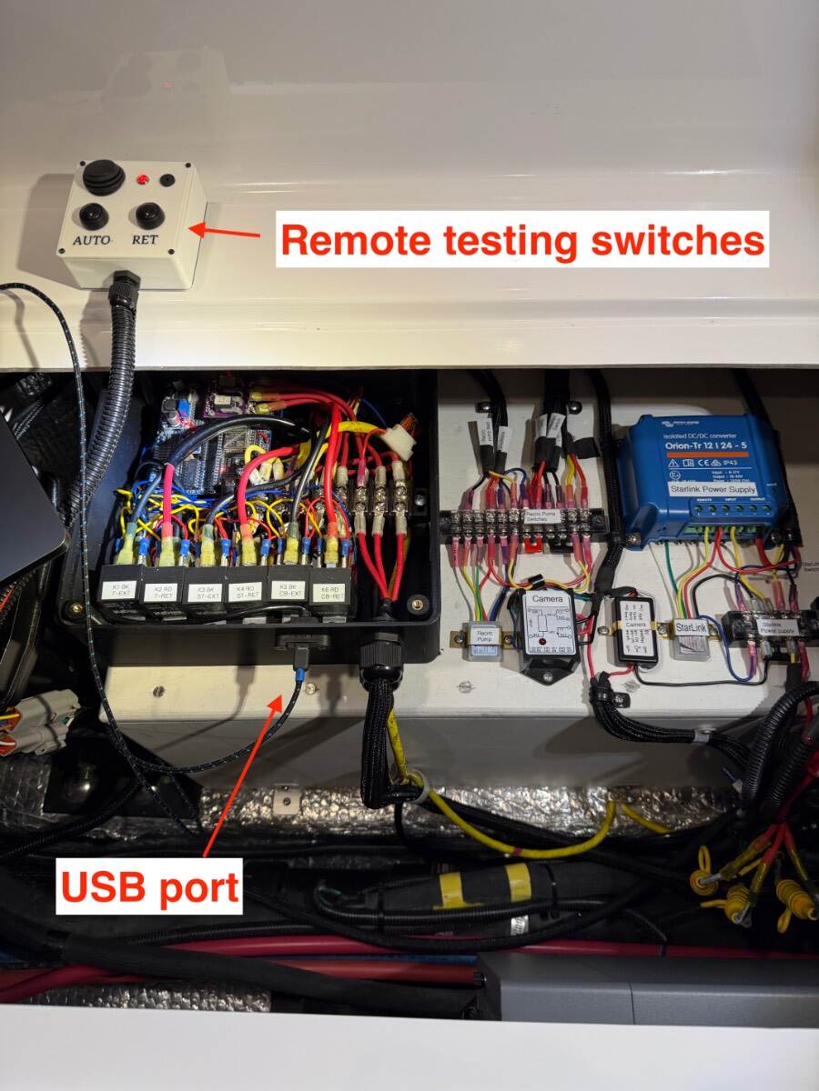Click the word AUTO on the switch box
[91, 240]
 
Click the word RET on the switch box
[145, 240]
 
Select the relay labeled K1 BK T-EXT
[121, 591]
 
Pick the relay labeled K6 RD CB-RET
[329, 590]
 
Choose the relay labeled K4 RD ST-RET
[246, 591]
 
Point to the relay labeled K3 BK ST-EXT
[204, 591]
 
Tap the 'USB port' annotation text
[150, 886]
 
